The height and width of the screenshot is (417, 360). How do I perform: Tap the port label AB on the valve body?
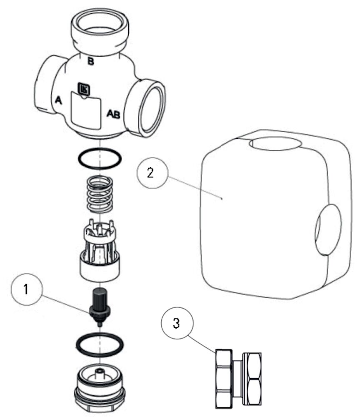pyautogui.click(x=113, y=113)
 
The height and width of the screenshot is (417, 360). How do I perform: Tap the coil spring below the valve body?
pyautogui.click(x=100, y=193)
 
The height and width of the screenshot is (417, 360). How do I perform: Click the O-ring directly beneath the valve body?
pyautogui.click(x=100, y=159)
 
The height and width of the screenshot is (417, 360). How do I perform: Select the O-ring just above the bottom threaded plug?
pyautogui.click(x=100, y=345)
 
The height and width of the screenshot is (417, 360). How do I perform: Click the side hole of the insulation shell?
pyautogui.click(x=328, y=230)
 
